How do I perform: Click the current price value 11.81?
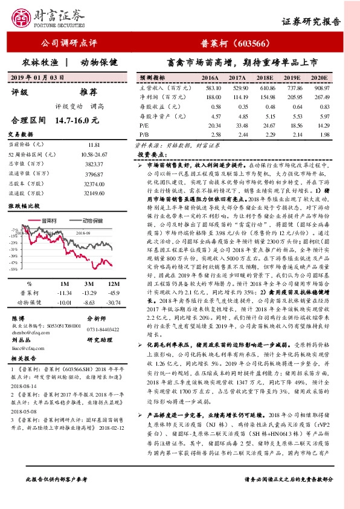pos(94,145)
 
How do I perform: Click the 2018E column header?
pos(264,79)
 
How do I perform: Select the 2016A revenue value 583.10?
pos(210,88)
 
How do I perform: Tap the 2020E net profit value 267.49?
pos(321,97)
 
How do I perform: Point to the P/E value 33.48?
pos(237,125)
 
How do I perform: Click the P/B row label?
pos(144,134)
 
